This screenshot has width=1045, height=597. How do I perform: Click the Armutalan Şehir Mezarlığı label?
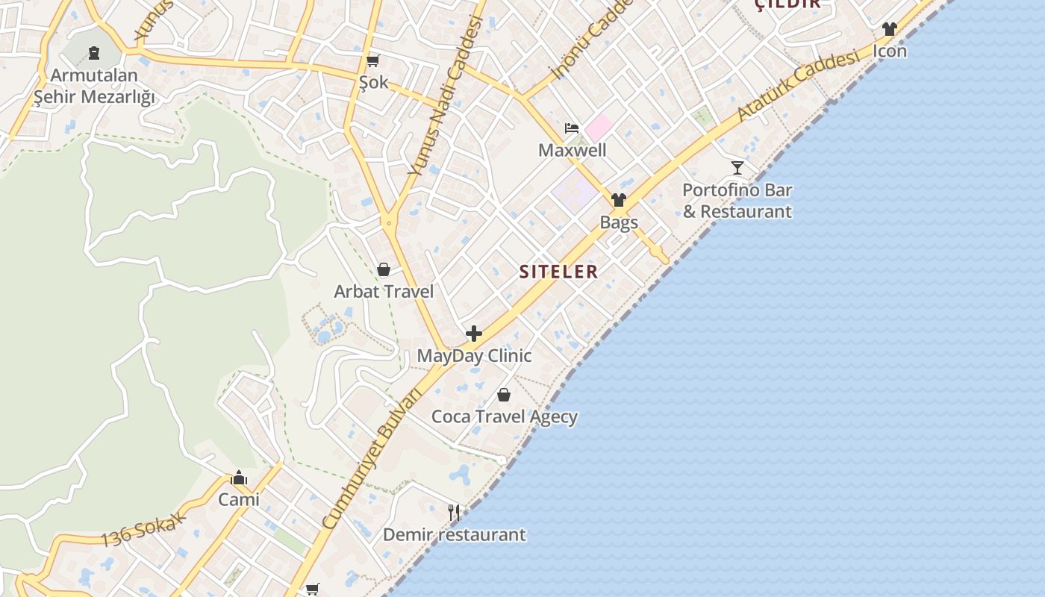(94, 86)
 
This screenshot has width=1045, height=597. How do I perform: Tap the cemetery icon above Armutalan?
(94, 52)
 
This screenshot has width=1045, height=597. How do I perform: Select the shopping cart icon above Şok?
(372, 60)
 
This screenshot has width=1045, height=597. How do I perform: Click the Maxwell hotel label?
(573, 150)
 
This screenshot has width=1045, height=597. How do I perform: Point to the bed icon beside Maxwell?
(572, 128)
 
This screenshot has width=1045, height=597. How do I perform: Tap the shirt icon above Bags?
(619, 200)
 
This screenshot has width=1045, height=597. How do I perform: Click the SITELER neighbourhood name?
(559, 272)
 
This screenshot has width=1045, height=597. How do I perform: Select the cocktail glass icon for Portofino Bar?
(737, 168)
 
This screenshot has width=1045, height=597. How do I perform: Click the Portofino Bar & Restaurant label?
(737, 201)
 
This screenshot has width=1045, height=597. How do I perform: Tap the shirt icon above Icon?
(889, 29)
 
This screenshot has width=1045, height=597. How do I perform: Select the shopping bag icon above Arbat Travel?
(384, 269)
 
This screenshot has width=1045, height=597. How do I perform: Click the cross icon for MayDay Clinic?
(474, 334)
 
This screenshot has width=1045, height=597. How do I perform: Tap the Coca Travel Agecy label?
(505, 416)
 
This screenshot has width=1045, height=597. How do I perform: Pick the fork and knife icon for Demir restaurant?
(454, 512)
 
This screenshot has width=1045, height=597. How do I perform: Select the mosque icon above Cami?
(239, 478)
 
